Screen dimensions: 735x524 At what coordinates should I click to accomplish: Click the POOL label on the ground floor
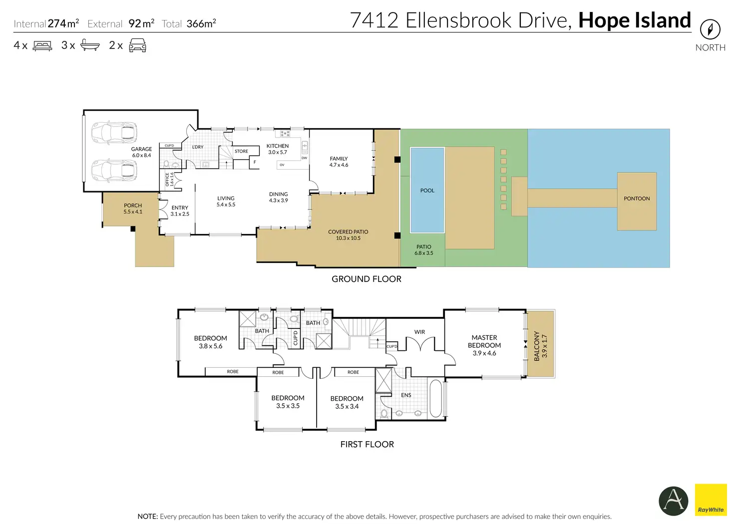click(427, 191)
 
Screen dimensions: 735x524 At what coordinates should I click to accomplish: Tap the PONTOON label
click(637, 199)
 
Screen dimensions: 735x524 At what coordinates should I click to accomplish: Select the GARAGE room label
click(141, 149)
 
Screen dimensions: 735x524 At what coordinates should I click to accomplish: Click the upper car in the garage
click(114, 133)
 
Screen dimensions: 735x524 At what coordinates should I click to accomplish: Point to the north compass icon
click(710, 29)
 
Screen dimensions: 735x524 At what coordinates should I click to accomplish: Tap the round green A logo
click(673, 501)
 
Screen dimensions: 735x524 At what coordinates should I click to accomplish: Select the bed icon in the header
click(42, 45)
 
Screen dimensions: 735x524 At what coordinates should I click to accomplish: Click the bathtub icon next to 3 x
click(90, 45)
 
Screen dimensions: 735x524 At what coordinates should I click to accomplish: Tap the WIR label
click(419, 332)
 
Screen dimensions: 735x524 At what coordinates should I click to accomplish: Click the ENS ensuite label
click(406, 395)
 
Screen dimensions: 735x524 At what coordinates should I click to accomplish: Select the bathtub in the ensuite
click(435, 398)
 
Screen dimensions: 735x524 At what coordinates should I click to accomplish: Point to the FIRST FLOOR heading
click(367, 444)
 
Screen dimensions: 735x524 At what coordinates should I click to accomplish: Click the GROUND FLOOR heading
click(366, 279)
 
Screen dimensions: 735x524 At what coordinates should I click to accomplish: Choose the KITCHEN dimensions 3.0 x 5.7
click(278, 152)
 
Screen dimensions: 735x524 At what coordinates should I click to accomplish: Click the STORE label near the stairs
click(241, 151)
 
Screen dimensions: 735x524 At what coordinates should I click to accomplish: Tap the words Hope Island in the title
click(635, 20)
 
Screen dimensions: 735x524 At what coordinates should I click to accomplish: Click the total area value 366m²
click(201, 23)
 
